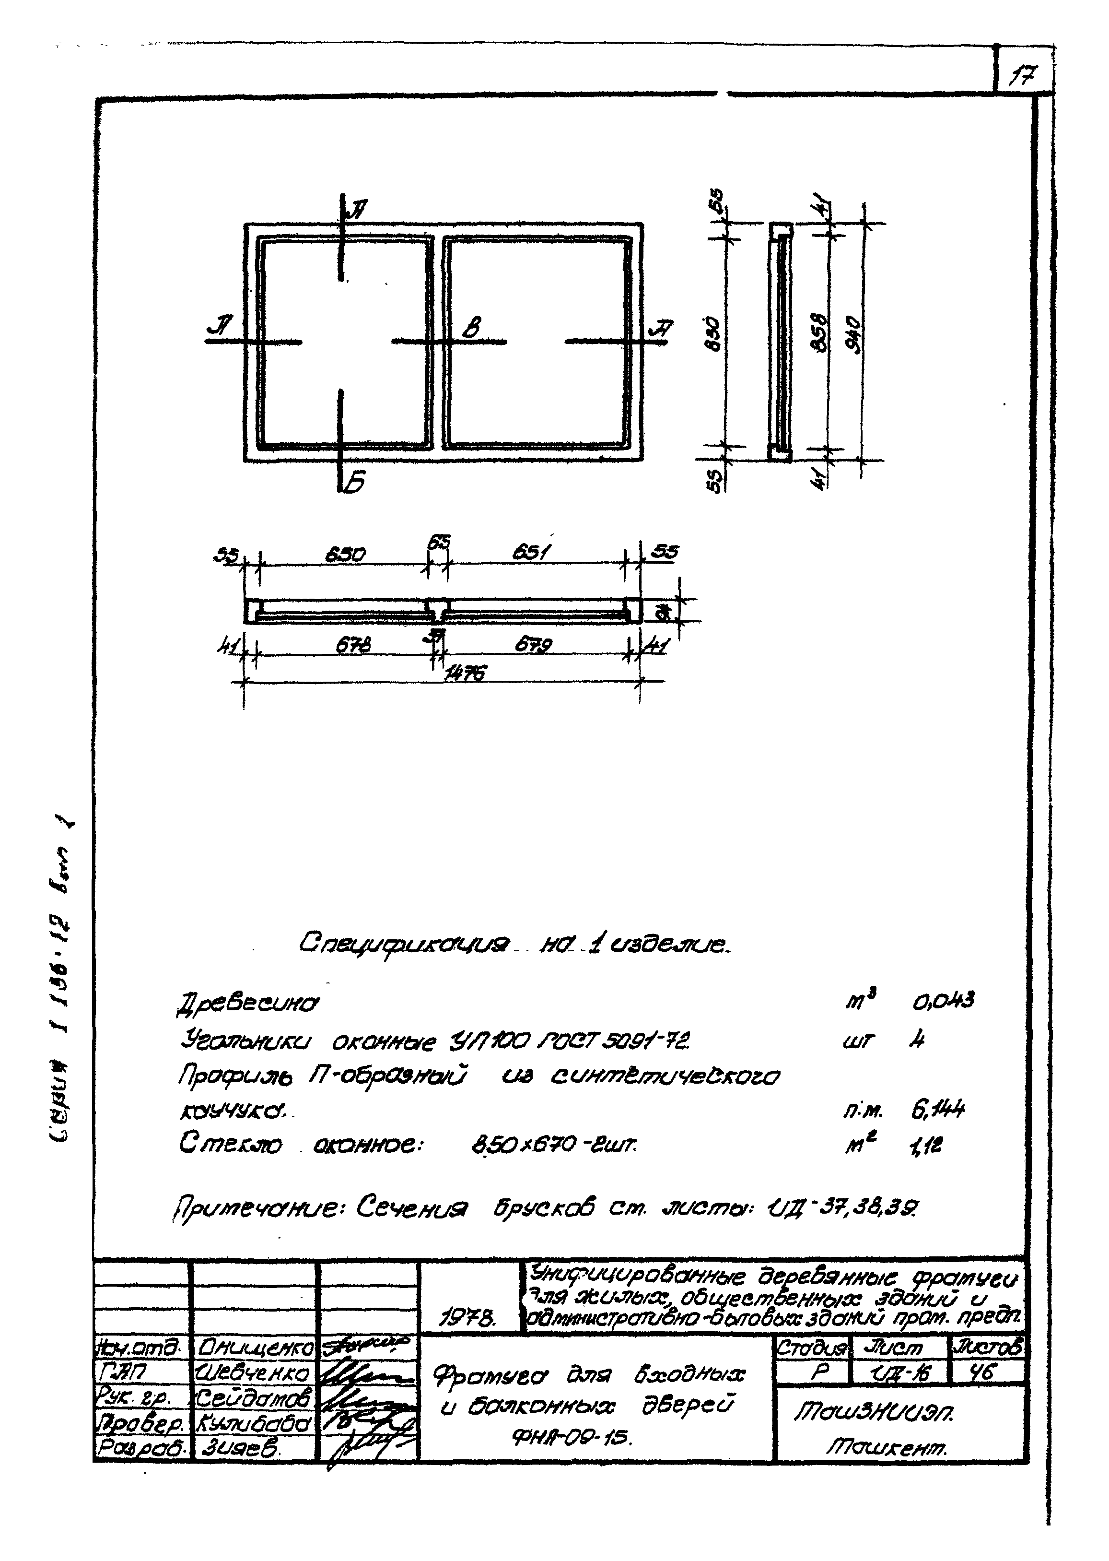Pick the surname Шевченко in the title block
pyautogui.click(x=253, y=1372)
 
